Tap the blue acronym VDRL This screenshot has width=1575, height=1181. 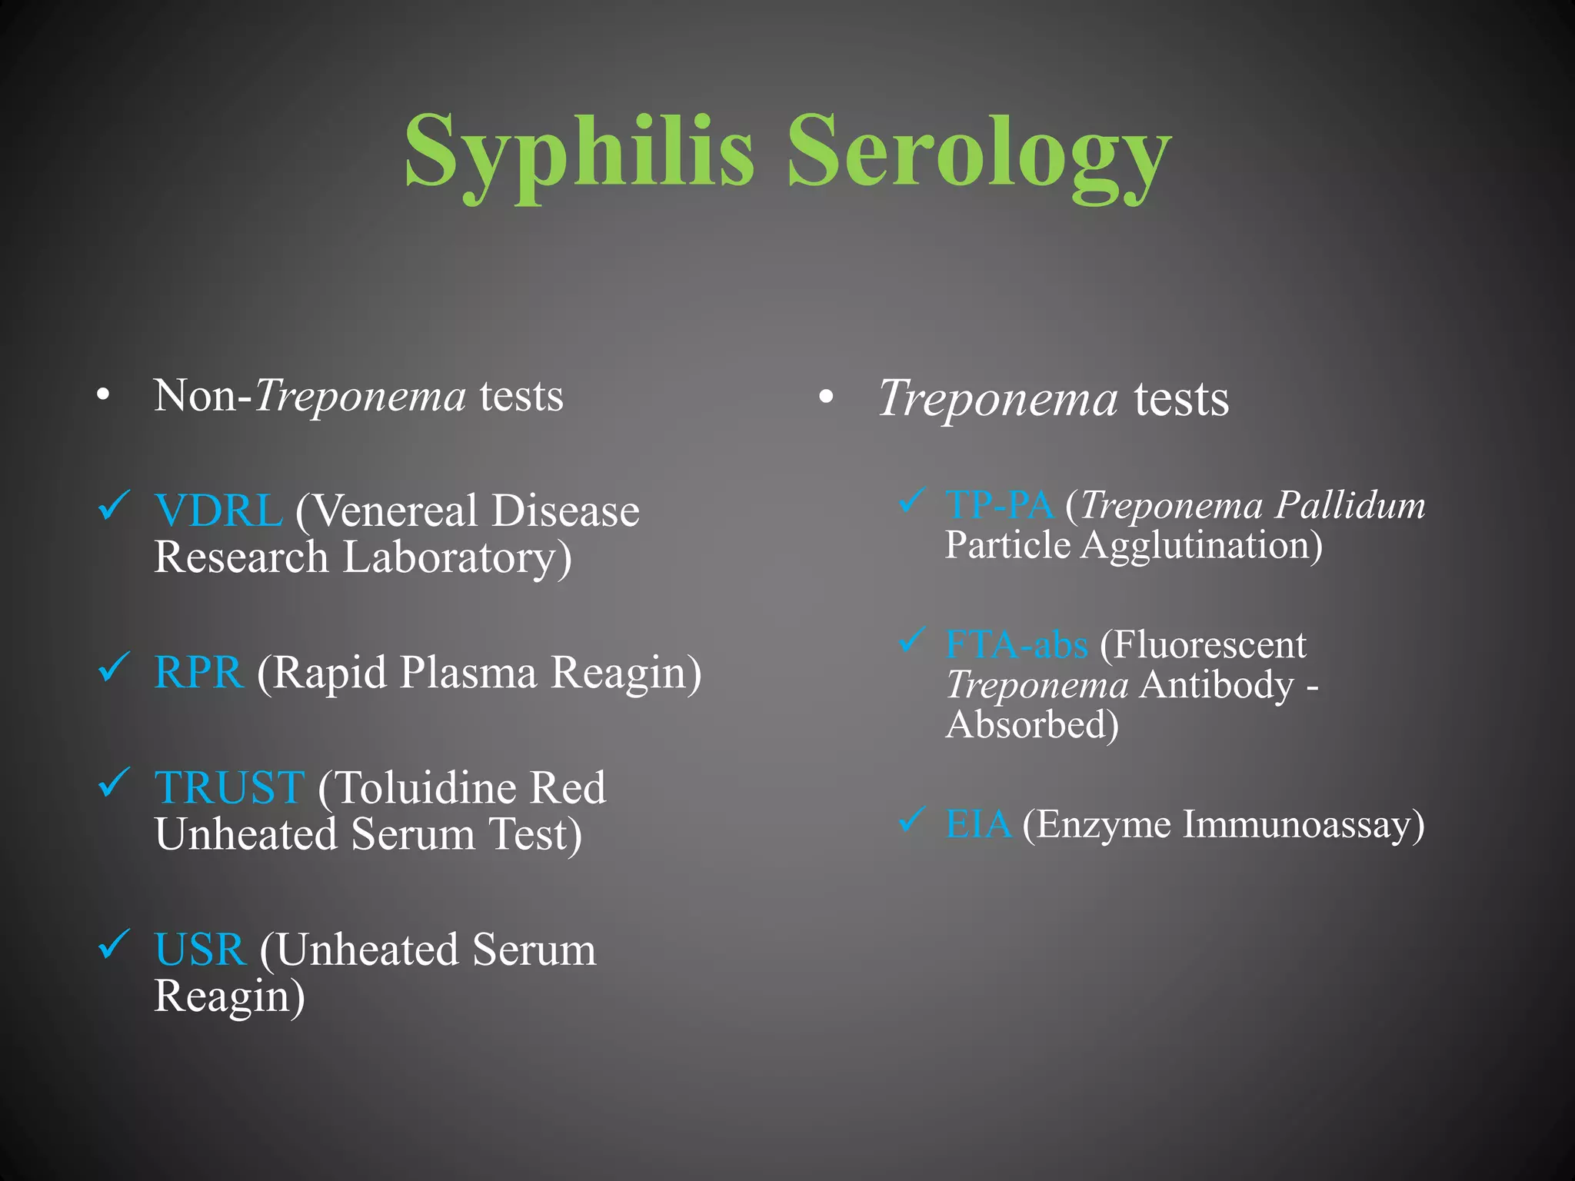tap(218, 511)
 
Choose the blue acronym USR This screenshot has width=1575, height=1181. tap(201, 950)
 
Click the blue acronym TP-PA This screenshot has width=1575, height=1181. tap(999, 506)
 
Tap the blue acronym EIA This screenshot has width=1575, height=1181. tap(978, 824)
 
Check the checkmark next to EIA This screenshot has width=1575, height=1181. tap(912, 820)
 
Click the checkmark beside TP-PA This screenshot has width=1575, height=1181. tap(912, 501)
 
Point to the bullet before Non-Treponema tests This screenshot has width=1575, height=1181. tap(103, 397)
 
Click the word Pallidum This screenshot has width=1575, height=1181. tap(1350, 506)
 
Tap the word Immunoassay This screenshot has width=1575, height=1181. tap(1303, 824)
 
